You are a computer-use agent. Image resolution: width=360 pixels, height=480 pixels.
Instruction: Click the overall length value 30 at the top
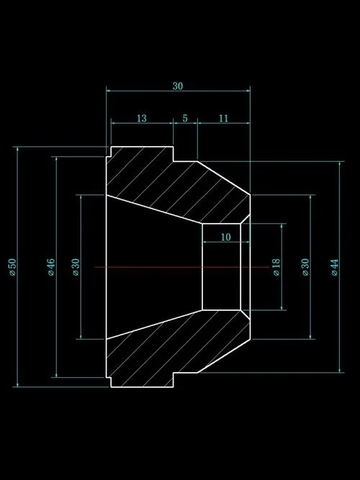(178, 86)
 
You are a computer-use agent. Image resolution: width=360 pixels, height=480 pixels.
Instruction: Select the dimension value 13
(142, 118)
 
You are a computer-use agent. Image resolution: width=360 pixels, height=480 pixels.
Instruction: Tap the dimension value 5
(185, 118)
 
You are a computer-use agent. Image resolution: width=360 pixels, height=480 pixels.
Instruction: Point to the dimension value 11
(224, 118)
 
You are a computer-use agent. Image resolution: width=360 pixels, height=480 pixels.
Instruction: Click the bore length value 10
(225, 237)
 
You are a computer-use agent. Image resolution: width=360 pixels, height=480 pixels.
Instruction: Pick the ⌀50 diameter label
(12, 267)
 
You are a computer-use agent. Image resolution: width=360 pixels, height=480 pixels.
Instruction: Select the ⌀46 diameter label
(51, 267)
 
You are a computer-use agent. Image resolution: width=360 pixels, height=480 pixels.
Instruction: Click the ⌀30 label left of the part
(76, 267)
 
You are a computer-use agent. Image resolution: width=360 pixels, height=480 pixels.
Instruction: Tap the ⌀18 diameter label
(276, 267)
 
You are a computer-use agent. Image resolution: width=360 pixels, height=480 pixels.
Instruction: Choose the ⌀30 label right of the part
(305, 267)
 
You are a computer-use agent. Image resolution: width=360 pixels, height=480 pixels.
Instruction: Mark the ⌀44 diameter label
(335, 267)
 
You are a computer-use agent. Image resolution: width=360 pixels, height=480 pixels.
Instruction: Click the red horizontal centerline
(182, 267)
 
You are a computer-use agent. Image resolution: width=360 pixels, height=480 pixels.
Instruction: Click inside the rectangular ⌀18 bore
(221, 267)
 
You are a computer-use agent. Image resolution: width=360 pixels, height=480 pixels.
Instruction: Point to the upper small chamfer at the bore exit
(246, 219)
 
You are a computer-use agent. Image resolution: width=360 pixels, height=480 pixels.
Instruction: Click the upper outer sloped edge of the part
(224, 178)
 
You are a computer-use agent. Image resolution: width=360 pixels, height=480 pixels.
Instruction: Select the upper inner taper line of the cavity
(154, 209)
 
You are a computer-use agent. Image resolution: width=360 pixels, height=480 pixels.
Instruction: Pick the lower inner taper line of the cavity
(154, 325)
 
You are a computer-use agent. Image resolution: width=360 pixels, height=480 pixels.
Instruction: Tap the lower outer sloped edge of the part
(224, 356)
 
